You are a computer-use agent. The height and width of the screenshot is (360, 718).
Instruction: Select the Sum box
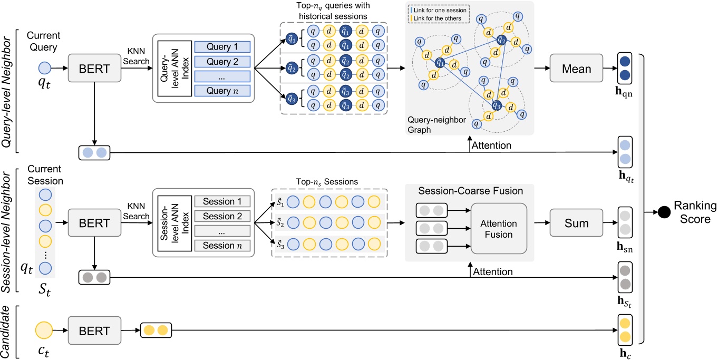(x=577, y=223)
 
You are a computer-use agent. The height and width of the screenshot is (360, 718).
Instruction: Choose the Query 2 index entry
(x=222, y=62)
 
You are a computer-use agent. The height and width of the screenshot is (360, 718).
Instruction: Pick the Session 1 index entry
(x=222, y=201)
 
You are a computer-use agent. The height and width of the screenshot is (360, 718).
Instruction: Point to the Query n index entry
(x=222, y=90)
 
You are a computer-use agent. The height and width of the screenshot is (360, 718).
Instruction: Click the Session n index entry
(x=222, y=245)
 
